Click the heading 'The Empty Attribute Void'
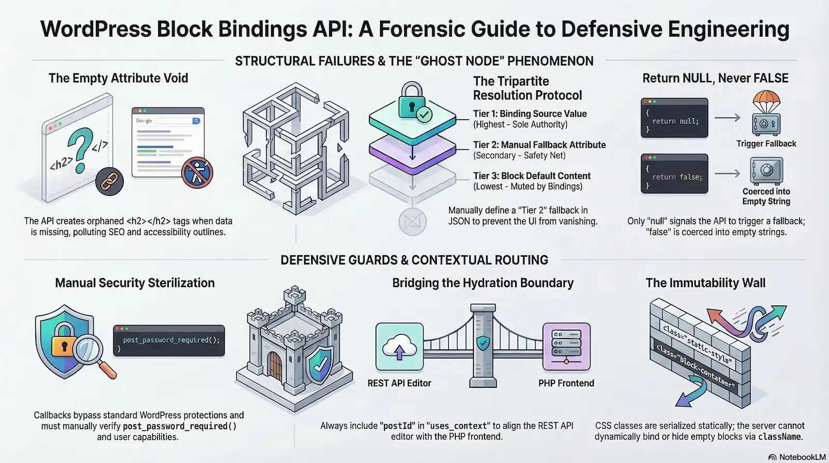(118, 78)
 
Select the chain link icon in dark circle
(109, 181)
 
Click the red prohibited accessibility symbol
(197, 173)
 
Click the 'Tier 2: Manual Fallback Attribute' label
(539, 145)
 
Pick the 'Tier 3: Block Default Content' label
(532, 176)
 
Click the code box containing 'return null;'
(674, 118)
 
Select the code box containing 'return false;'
(674, 174)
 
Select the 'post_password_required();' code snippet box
(169, 341)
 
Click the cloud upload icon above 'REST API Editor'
(399, 346)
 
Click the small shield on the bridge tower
(483, 343)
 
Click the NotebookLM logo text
(797, 457)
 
